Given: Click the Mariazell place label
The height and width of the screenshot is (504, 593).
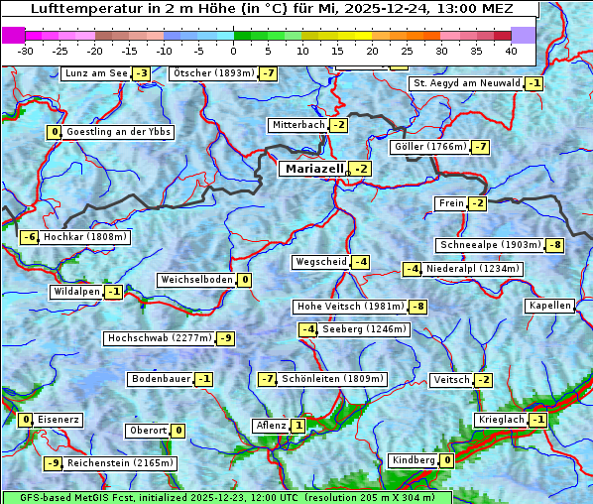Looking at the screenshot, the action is click(313, 169).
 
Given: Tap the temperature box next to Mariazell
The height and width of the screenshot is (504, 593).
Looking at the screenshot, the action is click(360, 170).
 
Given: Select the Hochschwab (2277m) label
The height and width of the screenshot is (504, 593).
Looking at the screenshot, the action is click(160, 338).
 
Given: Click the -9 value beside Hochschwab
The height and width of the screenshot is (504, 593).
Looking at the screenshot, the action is click(226, 338).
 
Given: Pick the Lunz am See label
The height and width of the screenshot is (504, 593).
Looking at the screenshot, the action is click(96, 73).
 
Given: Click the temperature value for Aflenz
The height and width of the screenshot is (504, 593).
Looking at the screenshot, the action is click(298, 426).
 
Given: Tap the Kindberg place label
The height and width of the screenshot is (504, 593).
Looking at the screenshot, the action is click(414, 460).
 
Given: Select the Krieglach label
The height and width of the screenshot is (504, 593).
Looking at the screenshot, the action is click(500, 420).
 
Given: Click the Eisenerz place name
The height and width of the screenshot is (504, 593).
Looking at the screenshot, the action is click(59, 420).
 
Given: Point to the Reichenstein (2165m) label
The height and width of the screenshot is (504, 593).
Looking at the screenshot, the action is click(121, 462).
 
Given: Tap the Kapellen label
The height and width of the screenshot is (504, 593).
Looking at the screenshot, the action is click(550, 306).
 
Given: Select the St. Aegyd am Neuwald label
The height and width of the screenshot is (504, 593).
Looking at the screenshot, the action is click(466, 83).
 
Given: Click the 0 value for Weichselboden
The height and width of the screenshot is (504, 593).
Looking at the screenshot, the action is click(244, 280).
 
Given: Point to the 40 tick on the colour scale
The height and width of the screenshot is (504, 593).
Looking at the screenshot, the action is click(511, 50).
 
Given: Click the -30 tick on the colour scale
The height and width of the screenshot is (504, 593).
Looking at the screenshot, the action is click(26, 50).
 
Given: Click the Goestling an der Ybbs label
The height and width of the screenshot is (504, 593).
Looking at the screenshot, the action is click(118, 132).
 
